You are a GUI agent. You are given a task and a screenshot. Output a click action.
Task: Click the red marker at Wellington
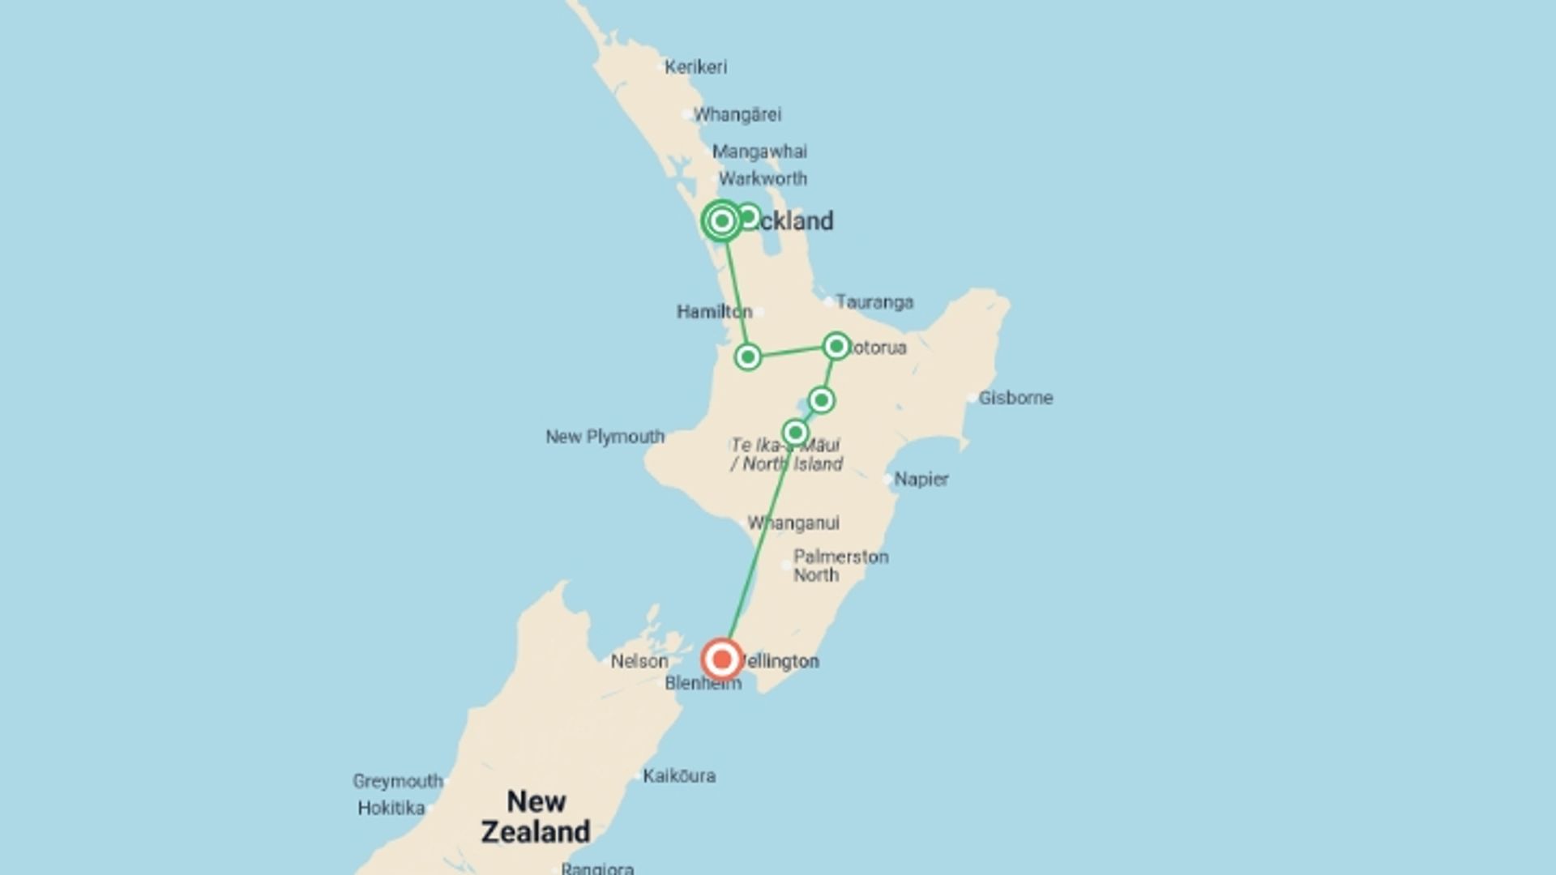tap(721, 659)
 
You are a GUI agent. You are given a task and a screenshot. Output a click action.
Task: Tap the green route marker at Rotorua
tap(836, 347)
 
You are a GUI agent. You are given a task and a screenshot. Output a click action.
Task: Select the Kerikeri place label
tap(695, 67)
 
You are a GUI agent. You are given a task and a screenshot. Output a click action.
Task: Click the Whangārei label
tap(737, 115)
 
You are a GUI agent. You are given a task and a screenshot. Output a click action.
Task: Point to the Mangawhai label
tap(759, 152)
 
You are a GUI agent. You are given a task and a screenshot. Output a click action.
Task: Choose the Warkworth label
tap(763, 178)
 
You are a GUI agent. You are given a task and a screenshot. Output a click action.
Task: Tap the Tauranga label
tap(874, 302)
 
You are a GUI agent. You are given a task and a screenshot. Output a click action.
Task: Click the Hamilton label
tap(714, 312)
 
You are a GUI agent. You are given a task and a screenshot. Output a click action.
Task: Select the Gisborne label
tap(1015, 398)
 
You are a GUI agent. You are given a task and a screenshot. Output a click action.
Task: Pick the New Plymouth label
tap(605, 437)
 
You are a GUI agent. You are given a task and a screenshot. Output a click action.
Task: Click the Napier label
tap(921, 480)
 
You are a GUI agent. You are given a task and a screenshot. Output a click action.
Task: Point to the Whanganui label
tap(793, 523)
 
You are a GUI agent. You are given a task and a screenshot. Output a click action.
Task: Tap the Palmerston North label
tap(840, 566)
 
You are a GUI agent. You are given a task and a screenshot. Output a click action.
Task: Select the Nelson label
tap(639, 662)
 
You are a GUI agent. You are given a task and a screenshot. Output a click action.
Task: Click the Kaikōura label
tap(679, 776)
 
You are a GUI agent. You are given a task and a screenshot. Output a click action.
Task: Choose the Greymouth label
tap(398, 781)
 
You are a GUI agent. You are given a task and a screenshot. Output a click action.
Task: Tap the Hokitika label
tap(391, 809)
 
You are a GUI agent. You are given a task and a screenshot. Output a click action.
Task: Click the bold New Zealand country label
tap(536, 817)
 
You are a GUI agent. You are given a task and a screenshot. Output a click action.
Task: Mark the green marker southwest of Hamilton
tap(747, 356)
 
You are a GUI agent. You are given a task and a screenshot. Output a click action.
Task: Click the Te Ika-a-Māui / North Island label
tap(787, 455)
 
